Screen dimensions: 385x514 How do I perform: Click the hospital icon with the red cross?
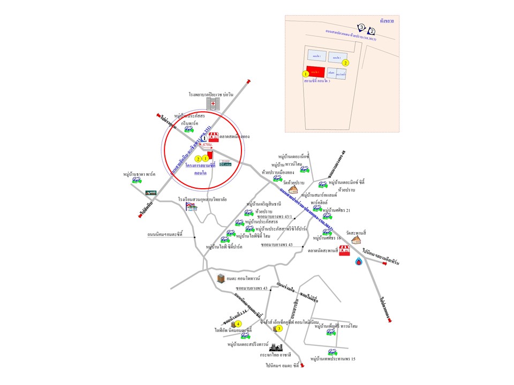[214, 104]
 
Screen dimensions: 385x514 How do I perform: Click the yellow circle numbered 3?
[279, 328]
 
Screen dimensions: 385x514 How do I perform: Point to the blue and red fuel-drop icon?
[358, 261]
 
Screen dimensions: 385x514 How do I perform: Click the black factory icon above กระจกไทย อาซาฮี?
[278, 346]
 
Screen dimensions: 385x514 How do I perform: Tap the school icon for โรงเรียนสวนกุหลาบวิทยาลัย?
[190, 206]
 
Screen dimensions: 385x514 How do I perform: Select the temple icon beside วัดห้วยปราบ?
[293, 189]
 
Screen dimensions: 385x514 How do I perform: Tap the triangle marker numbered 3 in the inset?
[361, 27]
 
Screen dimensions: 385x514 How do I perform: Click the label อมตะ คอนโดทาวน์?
[243, 279]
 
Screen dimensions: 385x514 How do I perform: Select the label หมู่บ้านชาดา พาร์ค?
[139, 174]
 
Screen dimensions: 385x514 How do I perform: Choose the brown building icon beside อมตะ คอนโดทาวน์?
[221, 278]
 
